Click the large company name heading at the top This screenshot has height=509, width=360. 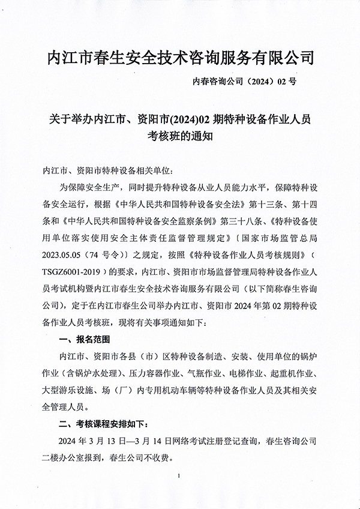click(180, 58)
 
